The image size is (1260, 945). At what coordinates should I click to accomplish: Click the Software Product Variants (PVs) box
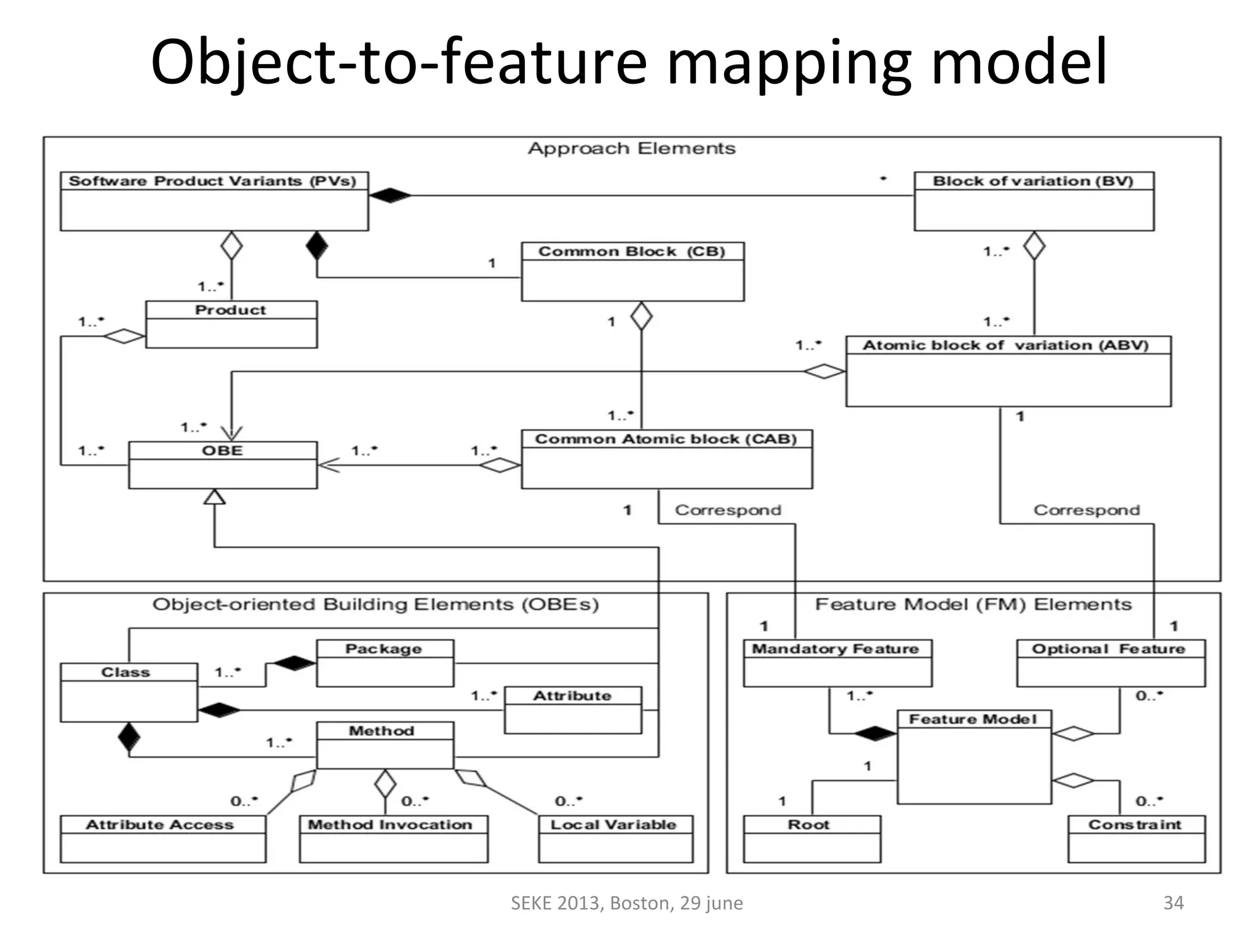(214, 201)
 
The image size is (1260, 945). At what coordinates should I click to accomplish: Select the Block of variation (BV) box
(1034, 201)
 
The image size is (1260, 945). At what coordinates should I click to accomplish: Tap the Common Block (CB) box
(632, 271)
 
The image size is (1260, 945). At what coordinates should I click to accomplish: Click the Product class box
(231, 324)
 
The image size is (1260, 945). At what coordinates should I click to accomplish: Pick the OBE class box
(223, 465)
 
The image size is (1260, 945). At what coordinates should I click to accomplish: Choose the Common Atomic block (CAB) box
(666, 459)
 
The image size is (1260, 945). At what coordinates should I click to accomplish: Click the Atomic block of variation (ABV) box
(1008, 371)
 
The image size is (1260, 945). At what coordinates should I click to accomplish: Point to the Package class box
(385, 663)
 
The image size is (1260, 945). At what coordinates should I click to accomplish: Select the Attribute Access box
(163, 839)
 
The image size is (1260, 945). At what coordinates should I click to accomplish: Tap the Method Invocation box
(393, 839)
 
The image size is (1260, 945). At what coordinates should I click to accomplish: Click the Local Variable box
(615, 839)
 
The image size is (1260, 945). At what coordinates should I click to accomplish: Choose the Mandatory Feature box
(837, 663)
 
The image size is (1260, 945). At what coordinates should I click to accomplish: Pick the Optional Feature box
(1110, 663)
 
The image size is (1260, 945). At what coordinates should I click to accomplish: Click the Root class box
(811, 839)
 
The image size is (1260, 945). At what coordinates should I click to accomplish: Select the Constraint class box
(1136, 839)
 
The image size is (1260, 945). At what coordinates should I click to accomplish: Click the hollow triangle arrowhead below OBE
(214, 497)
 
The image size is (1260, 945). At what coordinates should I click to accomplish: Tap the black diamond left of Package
(294, 663)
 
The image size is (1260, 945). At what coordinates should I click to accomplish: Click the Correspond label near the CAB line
(728, 510)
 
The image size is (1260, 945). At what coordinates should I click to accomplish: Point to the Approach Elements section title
(631, 148)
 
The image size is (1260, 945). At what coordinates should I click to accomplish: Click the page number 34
(1173, 903)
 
